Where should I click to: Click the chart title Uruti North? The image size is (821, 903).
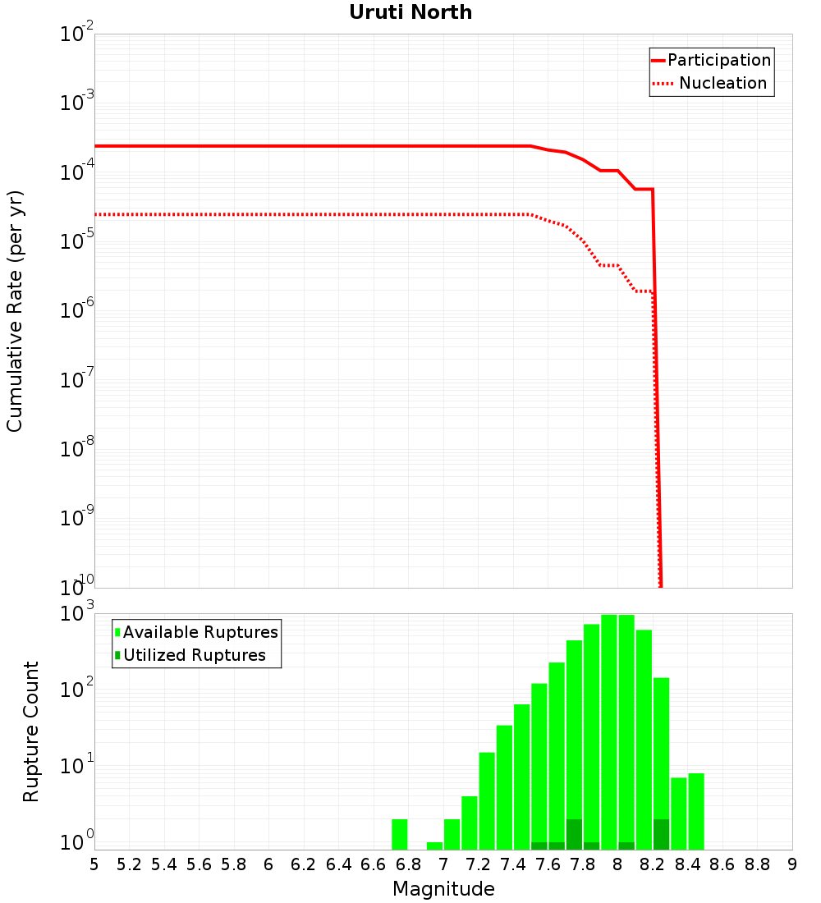[410, 13]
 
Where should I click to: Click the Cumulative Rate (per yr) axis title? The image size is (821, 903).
[15, 311]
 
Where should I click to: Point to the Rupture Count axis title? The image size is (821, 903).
[31, 731]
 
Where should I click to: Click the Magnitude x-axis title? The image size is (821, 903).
[443, 889]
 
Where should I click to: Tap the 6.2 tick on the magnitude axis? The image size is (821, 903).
[304, 864]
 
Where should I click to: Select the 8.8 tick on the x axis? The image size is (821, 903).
[757, 864]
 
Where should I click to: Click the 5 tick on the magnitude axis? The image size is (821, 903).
[94, 864]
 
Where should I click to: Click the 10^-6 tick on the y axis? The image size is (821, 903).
[77, 311]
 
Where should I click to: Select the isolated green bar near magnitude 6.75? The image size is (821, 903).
[400, 834]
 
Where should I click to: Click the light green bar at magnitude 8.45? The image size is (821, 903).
[696, 811]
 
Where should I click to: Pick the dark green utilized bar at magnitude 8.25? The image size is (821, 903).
[662, 834]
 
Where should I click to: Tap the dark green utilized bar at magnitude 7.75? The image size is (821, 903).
[574, 834]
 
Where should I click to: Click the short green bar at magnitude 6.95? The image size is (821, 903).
[434, 846]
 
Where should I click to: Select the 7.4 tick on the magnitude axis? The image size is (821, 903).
[513, 864]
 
